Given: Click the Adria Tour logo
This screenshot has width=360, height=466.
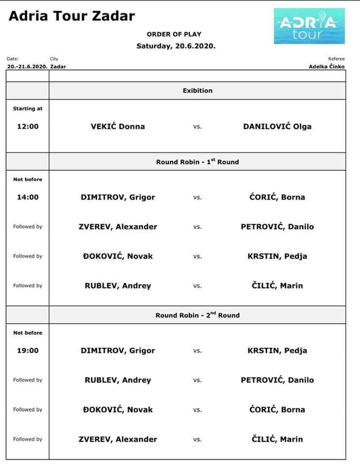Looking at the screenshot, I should pyautogui.click(x=309, y=26).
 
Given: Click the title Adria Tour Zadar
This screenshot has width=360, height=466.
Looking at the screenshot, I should pyautogui.click(x=72, y=16).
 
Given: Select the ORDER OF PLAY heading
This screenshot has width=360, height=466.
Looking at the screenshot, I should pyautogui.click(x=174, y=34).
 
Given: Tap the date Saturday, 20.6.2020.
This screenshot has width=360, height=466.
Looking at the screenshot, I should pyautogui.click(x=176, y=46).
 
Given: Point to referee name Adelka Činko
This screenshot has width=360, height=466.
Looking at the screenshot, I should pyautogui.click(x=327, y=67).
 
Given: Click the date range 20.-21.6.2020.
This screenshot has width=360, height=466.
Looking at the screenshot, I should pyautogui.click(x=27, y=67).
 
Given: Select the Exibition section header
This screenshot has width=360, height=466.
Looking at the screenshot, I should pyautogui.click(x=197, y=91).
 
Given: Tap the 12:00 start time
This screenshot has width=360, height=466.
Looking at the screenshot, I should pyautogui.click(x=28, y=127).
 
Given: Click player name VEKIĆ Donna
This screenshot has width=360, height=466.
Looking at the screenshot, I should pyautogui.click(x=118, y=127).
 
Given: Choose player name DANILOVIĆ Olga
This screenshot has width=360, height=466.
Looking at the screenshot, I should pyautogui.click(x=277, y=127).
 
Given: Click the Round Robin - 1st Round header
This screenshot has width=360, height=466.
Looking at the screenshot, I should pyautogui.click(x=197, y=162).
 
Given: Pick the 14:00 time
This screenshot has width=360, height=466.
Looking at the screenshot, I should pyautogui.click(x=28, y=198).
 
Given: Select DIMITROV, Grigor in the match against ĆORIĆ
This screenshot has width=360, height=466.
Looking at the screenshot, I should pyautogui.click(x=118, y=198).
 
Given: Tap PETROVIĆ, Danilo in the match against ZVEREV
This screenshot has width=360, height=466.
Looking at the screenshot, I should pyautogui.click(x=277, y=227).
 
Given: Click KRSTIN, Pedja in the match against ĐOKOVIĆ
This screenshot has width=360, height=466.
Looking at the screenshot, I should pyautogui.click(x=277, y=256).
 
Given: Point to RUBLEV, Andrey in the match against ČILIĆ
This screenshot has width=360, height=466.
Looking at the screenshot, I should pyautogui.click(x=118, y=286).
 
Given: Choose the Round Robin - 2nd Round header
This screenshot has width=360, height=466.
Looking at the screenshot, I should pyautogui.click(x=197, y=315).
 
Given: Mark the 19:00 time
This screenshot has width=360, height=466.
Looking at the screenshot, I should pyautogui.click(x=28, y=350).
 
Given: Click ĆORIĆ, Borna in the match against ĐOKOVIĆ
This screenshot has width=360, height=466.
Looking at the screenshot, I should pyautogui.click(x=277, y=410).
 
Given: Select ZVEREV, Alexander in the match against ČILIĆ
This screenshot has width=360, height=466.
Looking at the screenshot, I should pyautogui.click(x=118, y=439).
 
